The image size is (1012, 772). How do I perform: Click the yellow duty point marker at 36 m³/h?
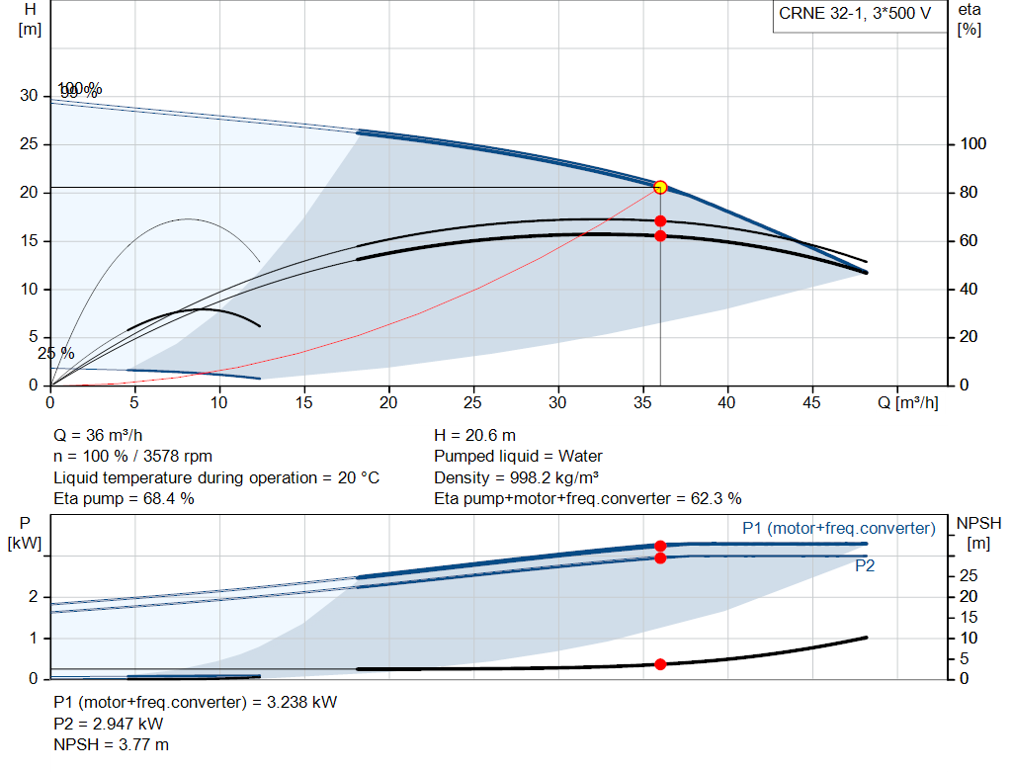click(x=660, y=187)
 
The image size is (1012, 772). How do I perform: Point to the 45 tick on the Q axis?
click(x=811, y=403)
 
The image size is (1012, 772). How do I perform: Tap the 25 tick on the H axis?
click(x=29, y=144)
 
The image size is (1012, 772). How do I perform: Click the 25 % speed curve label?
click(x=56, y=353)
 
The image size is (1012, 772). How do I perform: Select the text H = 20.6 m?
click(x=474, y=435)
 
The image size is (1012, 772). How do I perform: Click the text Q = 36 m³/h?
click(x=99, y=435)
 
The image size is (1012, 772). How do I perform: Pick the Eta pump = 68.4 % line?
click(x=124, y=498)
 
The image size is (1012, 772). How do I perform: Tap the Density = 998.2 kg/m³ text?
click(x=517, y=477)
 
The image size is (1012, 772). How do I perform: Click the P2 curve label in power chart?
click(x=865, y=566)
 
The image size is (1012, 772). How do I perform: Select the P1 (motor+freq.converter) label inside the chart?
click(x=838, y=529)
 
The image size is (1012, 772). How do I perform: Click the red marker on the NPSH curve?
click(x=660, y=664)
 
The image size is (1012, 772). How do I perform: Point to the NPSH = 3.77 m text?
click(x=111, y=744)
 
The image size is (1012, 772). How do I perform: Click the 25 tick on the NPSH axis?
click(x=970, y=575)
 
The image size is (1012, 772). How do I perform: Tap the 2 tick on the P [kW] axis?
click(x=34, y=597)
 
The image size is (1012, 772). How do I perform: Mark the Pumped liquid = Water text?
click(x=518, y=457)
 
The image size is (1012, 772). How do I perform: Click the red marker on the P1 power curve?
click(x=660, y=546)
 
